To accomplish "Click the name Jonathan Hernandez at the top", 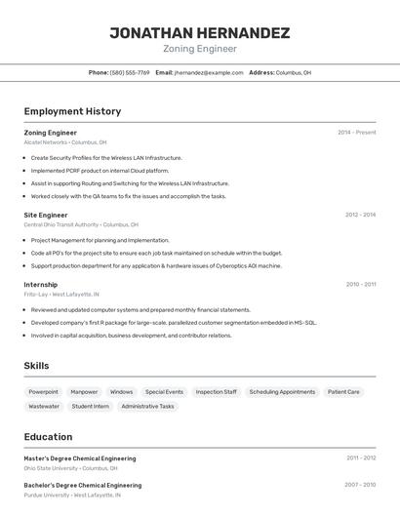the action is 199,33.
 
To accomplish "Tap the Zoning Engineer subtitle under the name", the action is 199,49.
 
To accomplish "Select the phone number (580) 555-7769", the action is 130,72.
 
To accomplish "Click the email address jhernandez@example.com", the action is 209,72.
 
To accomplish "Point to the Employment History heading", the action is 72,111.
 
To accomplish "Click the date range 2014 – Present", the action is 356,133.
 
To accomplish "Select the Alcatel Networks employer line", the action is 65,142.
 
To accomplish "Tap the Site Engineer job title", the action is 46,215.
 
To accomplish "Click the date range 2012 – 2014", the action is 360,215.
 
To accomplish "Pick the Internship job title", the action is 41,285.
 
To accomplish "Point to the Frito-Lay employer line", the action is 61,295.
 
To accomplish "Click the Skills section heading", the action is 37,366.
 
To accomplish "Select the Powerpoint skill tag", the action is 43,392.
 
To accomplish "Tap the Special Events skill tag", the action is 164,392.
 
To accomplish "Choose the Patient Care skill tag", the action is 343,392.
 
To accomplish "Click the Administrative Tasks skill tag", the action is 147,406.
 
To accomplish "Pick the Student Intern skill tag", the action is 91,406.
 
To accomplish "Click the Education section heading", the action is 48,437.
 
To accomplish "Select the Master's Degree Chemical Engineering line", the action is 80,458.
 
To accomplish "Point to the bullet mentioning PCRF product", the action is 100,171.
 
